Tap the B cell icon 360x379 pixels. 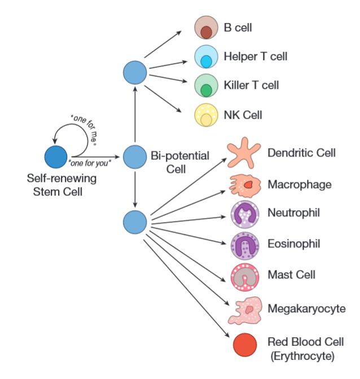[x=206, y=28]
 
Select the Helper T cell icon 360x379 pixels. [x=206, y=57]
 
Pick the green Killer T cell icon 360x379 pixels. [x=206, y=86]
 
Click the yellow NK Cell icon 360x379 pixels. [x=206, y=115]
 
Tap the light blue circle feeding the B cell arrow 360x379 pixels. [x=135, y=72]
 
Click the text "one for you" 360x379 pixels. [x=88, y=163]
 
